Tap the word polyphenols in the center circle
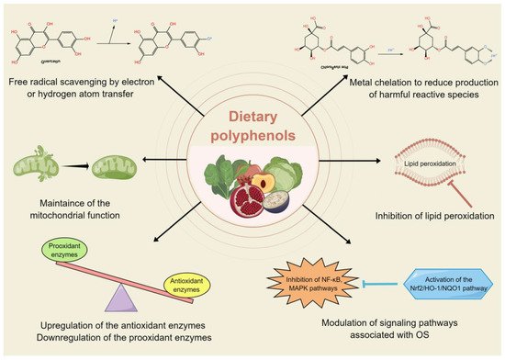pyautogui.click(x=252, y=139)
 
